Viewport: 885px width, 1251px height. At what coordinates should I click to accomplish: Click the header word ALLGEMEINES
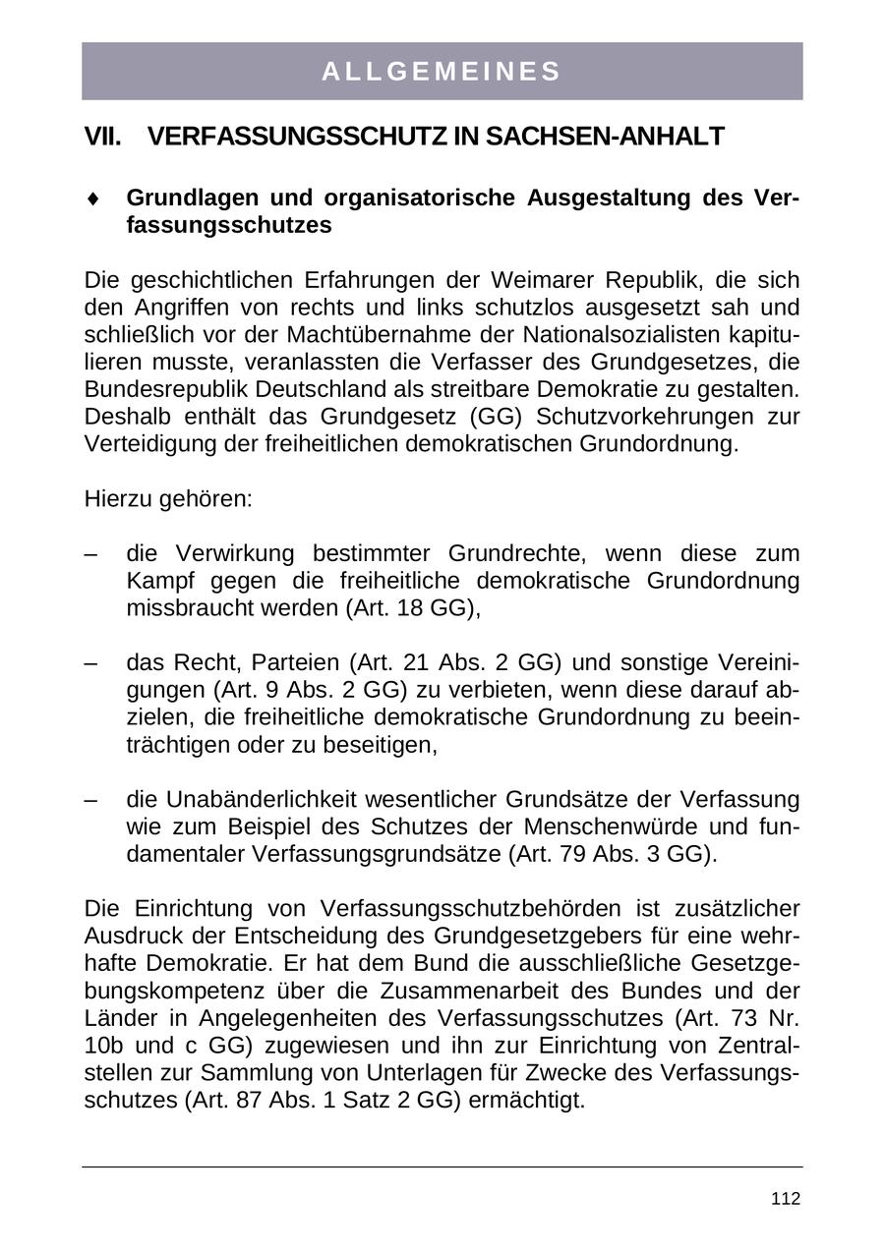click(442, 72)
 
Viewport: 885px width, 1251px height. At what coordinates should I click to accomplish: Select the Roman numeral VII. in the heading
click(103, 137)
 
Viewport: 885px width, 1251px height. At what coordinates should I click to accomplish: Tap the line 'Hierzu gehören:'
click(169, 498)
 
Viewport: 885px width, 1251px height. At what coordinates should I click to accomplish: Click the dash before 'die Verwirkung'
click(91, 553)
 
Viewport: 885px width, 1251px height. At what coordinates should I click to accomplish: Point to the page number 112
click(786, 1199)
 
